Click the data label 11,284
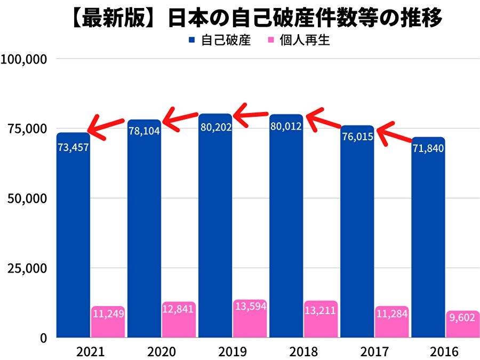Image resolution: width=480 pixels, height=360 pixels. tap(391, 314)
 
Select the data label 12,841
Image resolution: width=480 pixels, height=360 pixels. tap(179, 311)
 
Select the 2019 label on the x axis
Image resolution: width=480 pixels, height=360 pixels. tap(233, 351)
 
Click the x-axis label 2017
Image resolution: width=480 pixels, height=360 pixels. tap(374, 351)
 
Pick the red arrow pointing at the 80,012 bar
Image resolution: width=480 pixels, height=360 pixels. tap(323, 119)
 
